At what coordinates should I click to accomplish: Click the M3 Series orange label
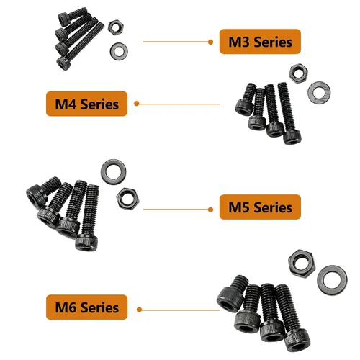(260, 42)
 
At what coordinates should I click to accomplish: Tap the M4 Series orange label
(86, 104)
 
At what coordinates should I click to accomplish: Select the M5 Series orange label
(260, 207)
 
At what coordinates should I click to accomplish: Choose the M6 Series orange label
(86, 307)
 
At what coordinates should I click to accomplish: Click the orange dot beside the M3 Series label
(210, 42)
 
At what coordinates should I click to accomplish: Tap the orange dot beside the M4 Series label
(137, 104)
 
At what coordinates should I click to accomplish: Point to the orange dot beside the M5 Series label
(210, 210)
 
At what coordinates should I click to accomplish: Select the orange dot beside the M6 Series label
(139, 310)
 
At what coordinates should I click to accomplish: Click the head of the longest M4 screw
(292, 137)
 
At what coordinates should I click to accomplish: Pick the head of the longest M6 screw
(297, 341)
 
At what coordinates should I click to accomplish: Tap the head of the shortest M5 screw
(36, 196)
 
